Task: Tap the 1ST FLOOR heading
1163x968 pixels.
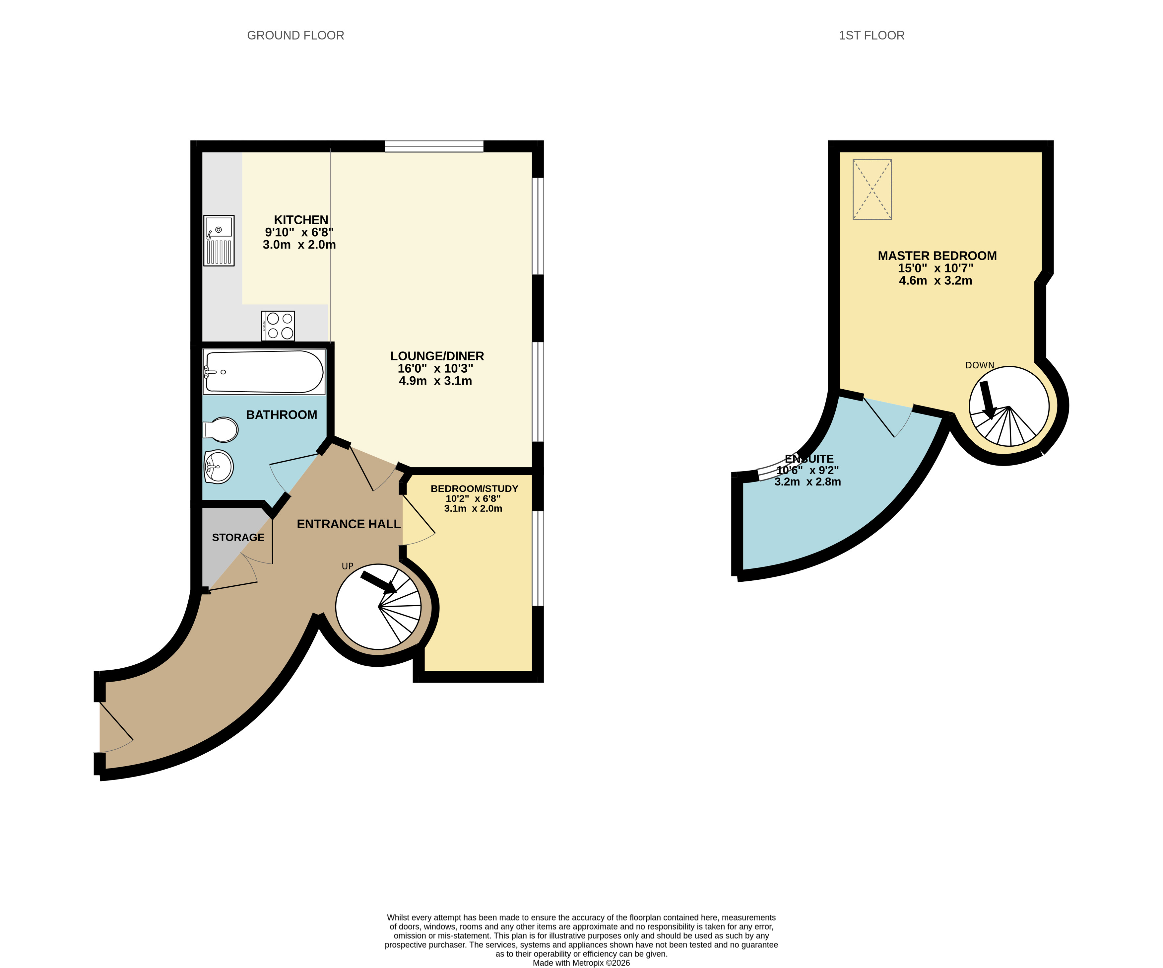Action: [x=872, y=36]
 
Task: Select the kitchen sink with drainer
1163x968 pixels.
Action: [x=219, y=241]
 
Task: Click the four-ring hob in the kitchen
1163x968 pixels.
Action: [x=278, y=326]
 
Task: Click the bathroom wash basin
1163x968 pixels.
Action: [x=219, y=467]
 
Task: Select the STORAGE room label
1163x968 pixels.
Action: [x=238, y=538]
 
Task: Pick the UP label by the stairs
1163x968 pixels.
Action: [x=347, y=566]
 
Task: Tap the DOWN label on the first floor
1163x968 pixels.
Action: [x=980, y=365]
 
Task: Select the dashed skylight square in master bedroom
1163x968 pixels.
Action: [x=872, y=189]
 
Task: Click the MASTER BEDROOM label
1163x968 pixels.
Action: [x=937, y=256]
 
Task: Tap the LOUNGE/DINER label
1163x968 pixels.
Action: [x=437, y=356]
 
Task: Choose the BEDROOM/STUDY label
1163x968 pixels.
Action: [x=474, y=489]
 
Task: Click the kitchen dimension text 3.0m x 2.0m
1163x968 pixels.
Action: [x=299, y=245]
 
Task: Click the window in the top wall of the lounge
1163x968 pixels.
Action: [x=434, y=146]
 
